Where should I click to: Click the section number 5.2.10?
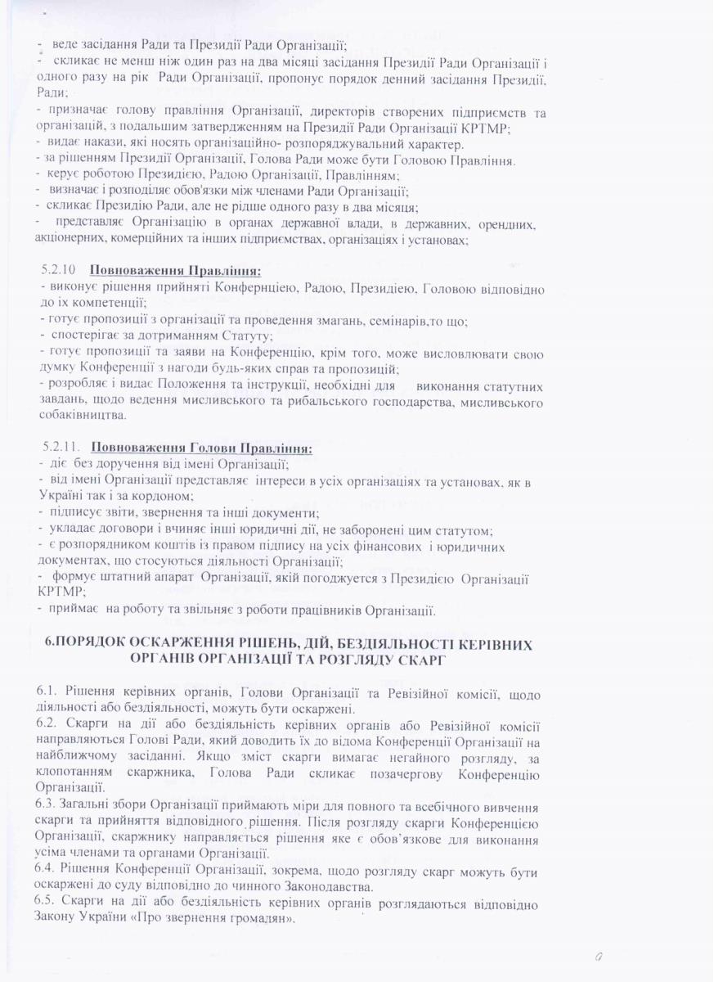tap(58, 269)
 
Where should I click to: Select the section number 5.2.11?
tap(60, 448)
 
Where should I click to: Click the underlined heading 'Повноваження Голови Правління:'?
tap(200, 448)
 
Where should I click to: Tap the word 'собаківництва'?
tap(83, 415)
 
